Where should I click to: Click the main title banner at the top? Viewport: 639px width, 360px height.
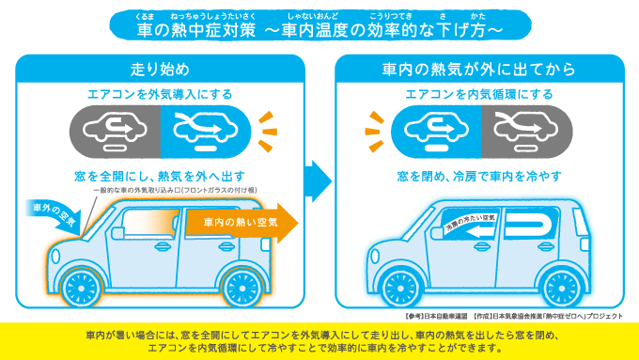[320, 25]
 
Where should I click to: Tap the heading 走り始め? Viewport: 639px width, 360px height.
[160, 70]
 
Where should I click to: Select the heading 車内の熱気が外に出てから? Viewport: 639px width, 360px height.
[479, 70]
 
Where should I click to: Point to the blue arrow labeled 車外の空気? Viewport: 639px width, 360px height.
[55, 214]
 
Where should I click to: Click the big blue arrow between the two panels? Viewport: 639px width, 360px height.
[319, 180]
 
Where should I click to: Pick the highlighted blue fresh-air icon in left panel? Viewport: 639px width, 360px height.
[206, 132]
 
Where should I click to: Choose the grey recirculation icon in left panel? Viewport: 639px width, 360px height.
[116, 132]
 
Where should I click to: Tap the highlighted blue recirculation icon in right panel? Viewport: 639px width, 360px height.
[436, 132]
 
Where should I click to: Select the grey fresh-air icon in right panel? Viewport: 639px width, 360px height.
[527, 132]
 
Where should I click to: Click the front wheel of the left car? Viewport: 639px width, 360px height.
[81, 289]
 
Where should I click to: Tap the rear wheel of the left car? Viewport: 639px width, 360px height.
[242, 289]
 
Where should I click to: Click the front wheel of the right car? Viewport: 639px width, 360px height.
[401, 289]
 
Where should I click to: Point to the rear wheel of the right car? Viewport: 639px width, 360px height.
[561, 289]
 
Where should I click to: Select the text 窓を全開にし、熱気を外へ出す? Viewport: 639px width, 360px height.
[160, 177]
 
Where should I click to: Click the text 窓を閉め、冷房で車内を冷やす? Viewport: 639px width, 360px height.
[479, 177]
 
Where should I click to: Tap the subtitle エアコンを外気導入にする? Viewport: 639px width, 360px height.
[160, 95]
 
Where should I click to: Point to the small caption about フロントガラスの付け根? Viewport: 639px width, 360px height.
[175, 191]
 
